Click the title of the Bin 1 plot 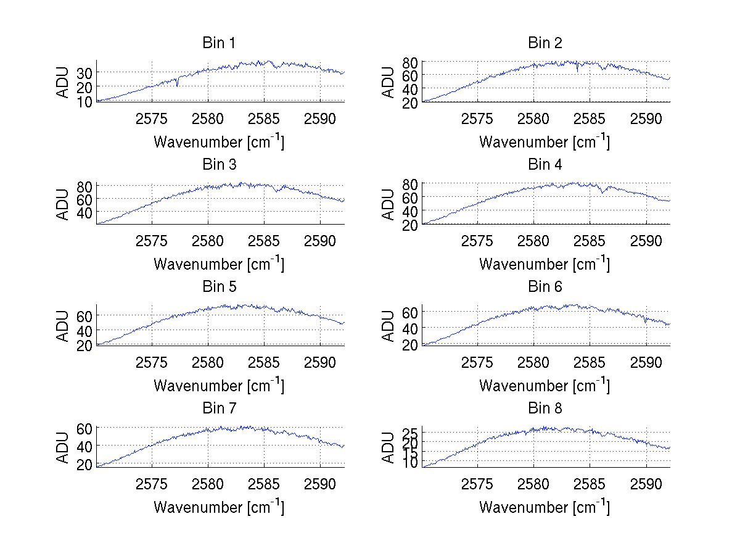(219, 43)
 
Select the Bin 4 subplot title (545, 165)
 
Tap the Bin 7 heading (219, 409)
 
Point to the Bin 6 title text (545, 287)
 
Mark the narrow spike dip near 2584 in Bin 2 (577, 70)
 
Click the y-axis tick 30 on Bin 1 (84, 73)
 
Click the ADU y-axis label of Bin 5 (63, 326)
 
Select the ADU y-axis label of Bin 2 (388, 82)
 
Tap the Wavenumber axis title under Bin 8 (545, 507)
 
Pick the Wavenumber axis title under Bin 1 (219, 142)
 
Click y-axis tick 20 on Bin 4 (410, 225)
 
